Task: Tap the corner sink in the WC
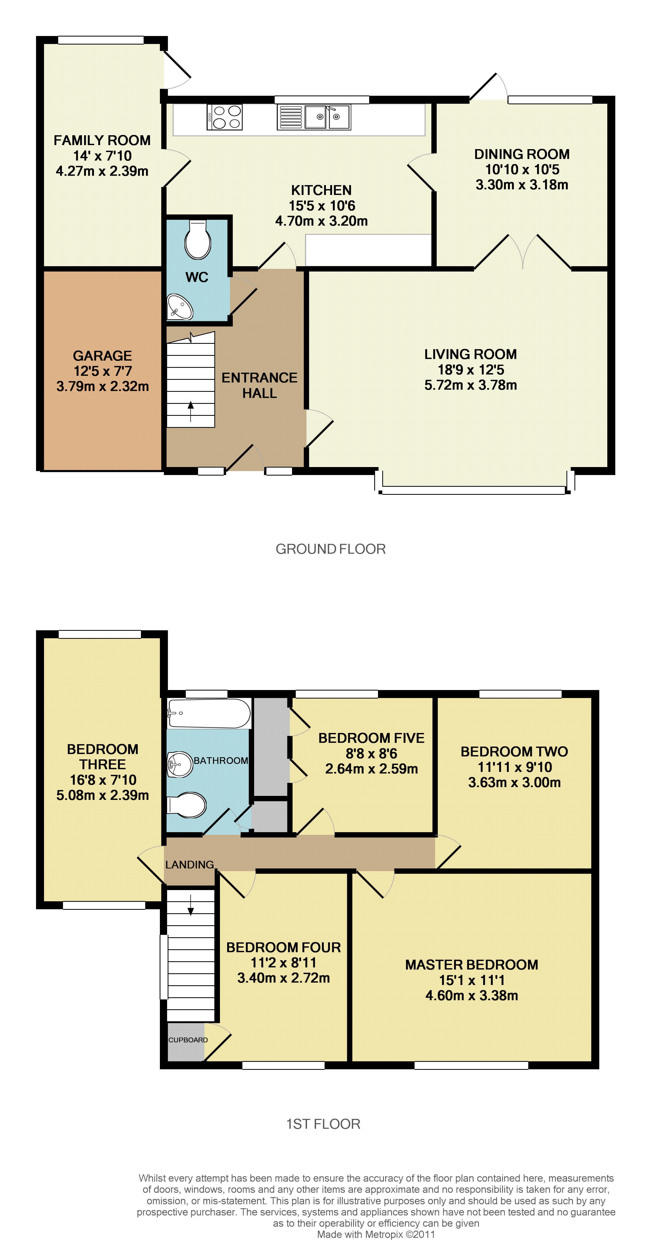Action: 180,307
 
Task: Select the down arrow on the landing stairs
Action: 191,905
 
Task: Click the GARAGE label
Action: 103,356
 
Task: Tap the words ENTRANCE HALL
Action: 259,385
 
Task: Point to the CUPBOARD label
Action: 188,1040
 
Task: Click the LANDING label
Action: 190,864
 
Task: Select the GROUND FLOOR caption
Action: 330,549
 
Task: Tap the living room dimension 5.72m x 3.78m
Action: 471,385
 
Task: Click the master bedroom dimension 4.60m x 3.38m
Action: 472,995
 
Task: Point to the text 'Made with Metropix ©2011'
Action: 376,1234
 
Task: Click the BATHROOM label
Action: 221,761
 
